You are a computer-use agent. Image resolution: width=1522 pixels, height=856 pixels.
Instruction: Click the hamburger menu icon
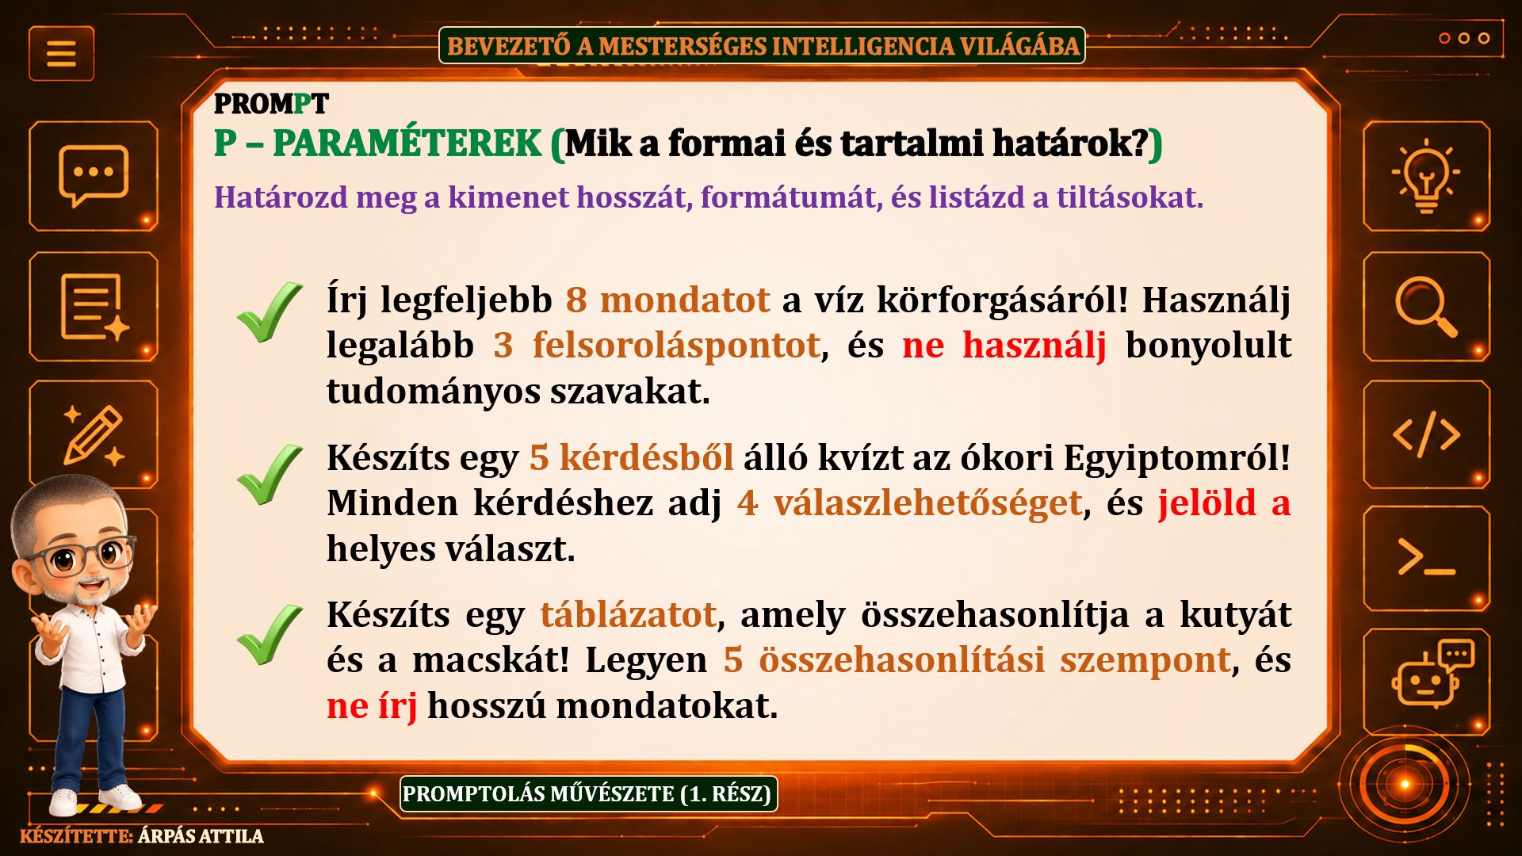tap(61, 54)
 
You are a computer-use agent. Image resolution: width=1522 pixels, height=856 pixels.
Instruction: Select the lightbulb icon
tap(1426, 175)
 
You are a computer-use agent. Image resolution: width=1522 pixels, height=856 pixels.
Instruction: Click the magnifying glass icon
tap(1426, 307)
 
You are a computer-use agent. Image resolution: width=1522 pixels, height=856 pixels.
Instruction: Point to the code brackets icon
tap(1426, 434)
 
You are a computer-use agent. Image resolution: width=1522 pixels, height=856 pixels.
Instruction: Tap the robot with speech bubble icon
tap(1432, 673)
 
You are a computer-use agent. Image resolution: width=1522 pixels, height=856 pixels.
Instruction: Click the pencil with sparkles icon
tap(94, 435)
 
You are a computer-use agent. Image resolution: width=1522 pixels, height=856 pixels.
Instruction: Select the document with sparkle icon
tap(94, 307)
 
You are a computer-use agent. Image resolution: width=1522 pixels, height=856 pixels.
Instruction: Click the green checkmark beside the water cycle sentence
tap(269, 312)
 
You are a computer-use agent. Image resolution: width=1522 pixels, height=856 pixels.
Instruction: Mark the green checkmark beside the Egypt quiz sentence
tap(269, 474)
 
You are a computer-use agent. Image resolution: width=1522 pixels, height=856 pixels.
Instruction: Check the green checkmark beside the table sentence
tap(269, 635)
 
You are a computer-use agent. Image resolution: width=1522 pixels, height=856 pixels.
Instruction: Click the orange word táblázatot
tap(628, 614)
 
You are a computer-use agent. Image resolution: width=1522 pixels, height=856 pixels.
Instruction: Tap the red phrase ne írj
tap(372, 705)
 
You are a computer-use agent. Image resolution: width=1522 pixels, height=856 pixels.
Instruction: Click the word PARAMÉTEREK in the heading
tap(407, 143)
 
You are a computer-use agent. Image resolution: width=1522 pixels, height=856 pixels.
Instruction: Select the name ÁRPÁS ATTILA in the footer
tap(201, 836)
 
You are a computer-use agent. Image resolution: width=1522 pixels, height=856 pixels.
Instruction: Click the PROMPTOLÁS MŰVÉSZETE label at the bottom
tap(588, 794)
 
